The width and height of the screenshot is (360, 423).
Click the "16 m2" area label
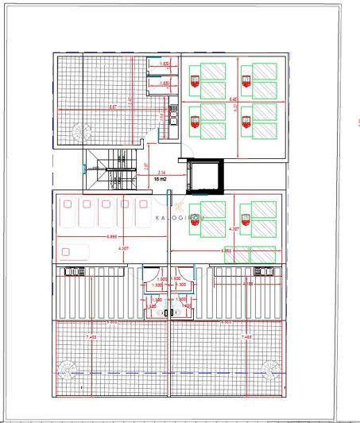pyautogui.click(x=161, y=180)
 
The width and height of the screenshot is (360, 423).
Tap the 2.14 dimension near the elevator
pyautogui.click(x=161, y=173)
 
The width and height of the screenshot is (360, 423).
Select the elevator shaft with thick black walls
pyautogui.click(x=205, y=176)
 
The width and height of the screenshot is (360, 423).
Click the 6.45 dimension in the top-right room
pyautogui.click(x=233, y=99)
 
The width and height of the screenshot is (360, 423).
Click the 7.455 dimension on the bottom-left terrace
pyautogui.click(x=89, y=338)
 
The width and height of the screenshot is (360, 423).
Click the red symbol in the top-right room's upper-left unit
pyautogui.click(x=195, y=78)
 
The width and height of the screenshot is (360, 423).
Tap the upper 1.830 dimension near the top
pyautogui.click(x=165, y=64)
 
